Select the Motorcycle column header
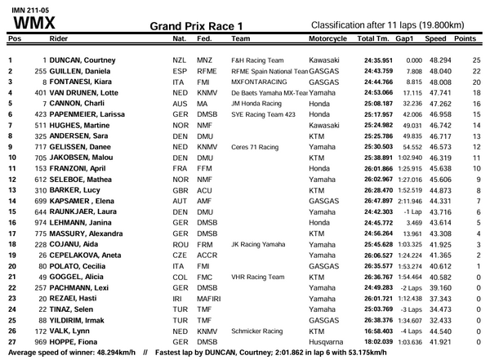[330, 38]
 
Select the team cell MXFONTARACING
[259, 82]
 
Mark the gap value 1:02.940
[408, 156]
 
